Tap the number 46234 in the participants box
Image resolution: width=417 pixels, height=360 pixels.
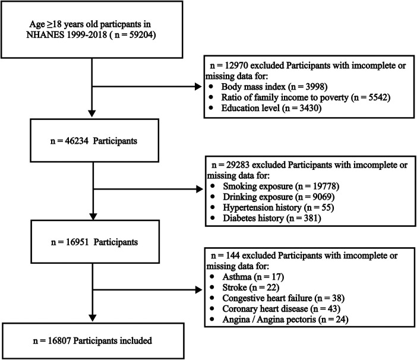[76, 141]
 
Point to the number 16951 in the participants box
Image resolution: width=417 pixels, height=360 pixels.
[77, 242]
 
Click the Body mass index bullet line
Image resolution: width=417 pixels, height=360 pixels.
[274, 87]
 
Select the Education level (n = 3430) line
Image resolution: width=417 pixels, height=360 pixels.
[271, 108]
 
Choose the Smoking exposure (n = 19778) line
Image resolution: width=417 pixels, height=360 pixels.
[281, 186]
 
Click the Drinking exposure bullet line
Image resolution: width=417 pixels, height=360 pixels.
[279, 197]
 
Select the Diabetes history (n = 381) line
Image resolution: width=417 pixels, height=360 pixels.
[272, 218]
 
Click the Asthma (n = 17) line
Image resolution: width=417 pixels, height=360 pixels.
[253, 277]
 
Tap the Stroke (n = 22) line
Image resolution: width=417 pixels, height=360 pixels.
[251, 288]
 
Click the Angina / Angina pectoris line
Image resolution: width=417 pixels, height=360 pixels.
[285, 320]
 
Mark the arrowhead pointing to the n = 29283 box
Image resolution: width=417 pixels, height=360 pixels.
[200, 189]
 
